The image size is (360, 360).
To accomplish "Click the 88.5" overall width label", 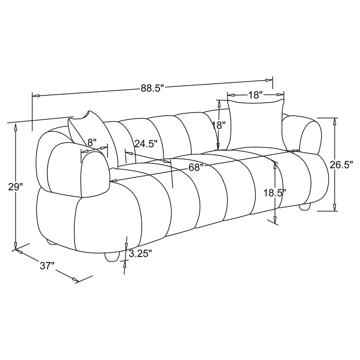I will click(x=151, y=88).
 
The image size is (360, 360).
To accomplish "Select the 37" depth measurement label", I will click(x=47, y=266).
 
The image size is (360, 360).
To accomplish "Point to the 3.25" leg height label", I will click(x=140, y=254).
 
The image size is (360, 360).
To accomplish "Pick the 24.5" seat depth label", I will click(x=146, y=144).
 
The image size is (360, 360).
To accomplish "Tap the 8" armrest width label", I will click(x=92, y=142).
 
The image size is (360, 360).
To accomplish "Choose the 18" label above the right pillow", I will click(x=255, y=95).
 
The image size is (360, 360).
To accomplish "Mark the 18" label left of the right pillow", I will click(x=218, y=126).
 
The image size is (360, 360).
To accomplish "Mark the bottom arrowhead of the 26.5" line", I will click(x=335, y=207).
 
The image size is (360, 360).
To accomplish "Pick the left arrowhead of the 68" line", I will click(x=113, y=181).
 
